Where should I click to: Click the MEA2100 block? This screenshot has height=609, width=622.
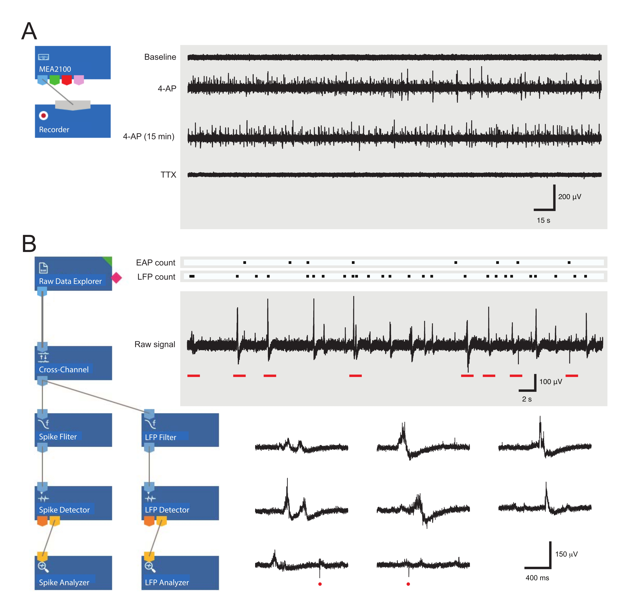(73, 62)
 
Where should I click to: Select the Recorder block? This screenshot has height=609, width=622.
(73, 122)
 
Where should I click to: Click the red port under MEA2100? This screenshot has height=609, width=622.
(67, 80)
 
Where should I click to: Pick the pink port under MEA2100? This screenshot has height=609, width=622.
(79, 80)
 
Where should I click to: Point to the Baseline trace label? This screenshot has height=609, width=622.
(160, 57)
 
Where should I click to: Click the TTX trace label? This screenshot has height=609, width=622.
(168, 175)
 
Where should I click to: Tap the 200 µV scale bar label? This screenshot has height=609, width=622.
(569, 197)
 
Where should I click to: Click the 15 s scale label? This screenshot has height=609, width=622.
(543, 220)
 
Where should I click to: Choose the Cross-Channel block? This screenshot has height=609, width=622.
(73, 363)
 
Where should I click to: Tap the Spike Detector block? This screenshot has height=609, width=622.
(73, 503)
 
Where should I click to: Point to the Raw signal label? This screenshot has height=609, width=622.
(155, 344)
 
